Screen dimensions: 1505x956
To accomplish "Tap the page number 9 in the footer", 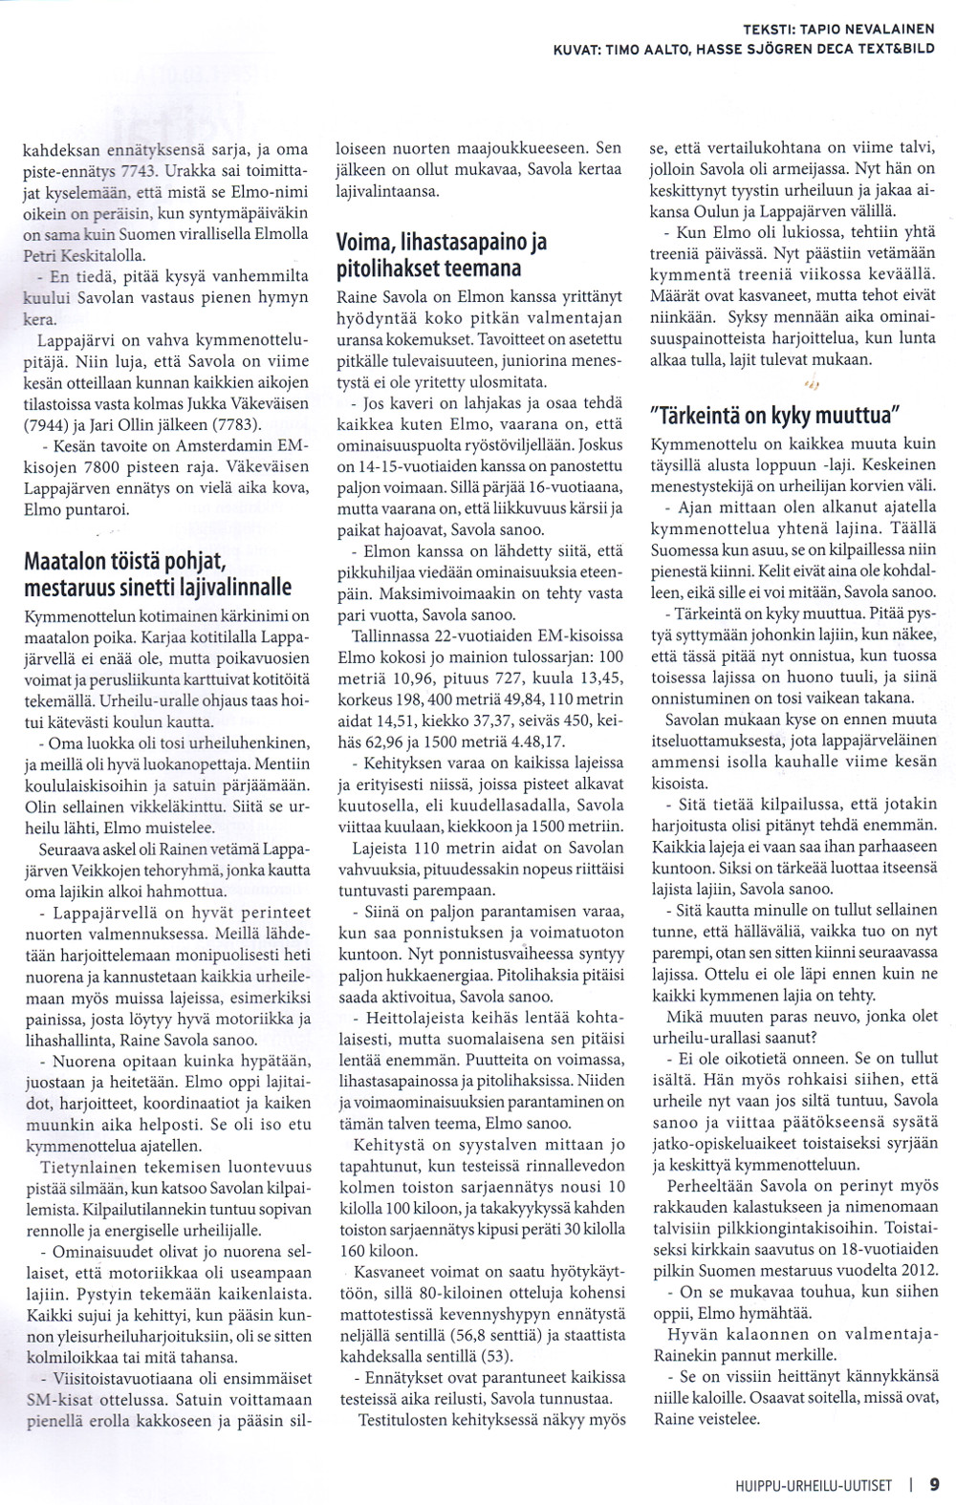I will click(933, 1484).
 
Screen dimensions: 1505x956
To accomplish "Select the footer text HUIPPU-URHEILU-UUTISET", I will click(808, 1485).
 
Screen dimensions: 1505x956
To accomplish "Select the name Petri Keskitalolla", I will click(83, 255).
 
